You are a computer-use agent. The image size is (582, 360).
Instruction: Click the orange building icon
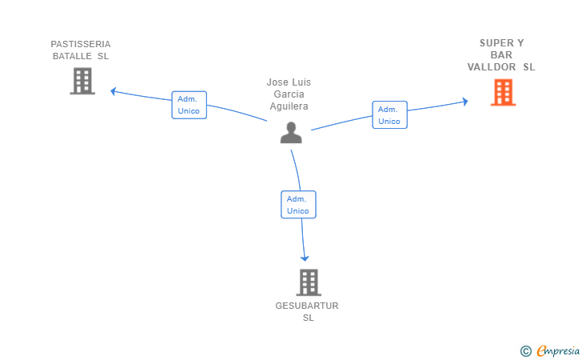coord(503,93)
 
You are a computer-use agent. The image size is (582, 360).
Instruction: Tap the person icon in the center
coord(291,133)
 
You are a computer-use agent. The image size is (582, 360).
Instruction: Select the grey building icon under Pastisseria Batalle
coord(82,81)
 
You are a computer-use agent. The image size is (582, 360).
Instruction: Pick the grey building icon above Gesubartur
coord(309,282)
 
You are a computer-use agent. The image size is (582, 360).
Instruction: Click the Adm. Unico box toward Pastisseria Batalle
coord(189,105)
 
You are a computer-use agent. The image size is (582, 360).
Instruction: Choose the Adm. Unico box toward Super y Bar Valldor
coord(390,115)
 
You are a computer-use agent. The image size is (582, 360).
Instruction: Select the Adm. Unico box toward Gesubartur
coord(298,205)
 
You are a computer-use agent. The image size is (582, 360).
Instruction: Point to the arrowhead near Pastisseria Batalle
coord(114,91)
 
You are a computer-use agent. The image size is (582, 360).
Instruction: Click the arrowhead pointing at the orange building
coord(464,102)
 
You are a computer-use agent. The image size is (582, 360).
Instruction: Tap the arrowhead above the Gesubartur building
coord(305,258)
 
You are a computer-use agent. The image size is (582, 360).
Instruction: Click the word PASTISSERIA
coord(81,44)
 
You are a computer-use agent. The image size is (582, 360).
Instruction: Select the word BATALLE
coord(72,56)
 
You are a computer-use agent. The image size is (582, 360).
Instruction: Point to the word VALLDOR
coord(492,67)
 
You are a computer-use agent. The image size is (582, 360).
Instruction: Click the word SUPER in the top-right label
coord(496,43)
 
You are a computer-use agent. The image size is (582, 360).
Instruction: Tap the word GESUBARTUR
coord(307,306)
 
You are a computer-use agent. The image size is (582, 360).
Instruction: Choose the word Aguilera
coord(289,106)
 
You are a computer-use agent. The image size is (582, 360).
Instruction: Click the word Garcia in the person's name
coord(289,94)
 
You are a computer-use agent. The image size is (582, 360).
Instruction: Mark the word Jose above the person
coord(277,82)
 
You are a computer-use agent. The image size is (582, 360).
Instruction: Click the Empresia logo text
coord(558,351)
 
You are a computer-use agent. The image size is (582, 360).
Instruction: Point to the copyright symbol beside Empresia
coord(526,351)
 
